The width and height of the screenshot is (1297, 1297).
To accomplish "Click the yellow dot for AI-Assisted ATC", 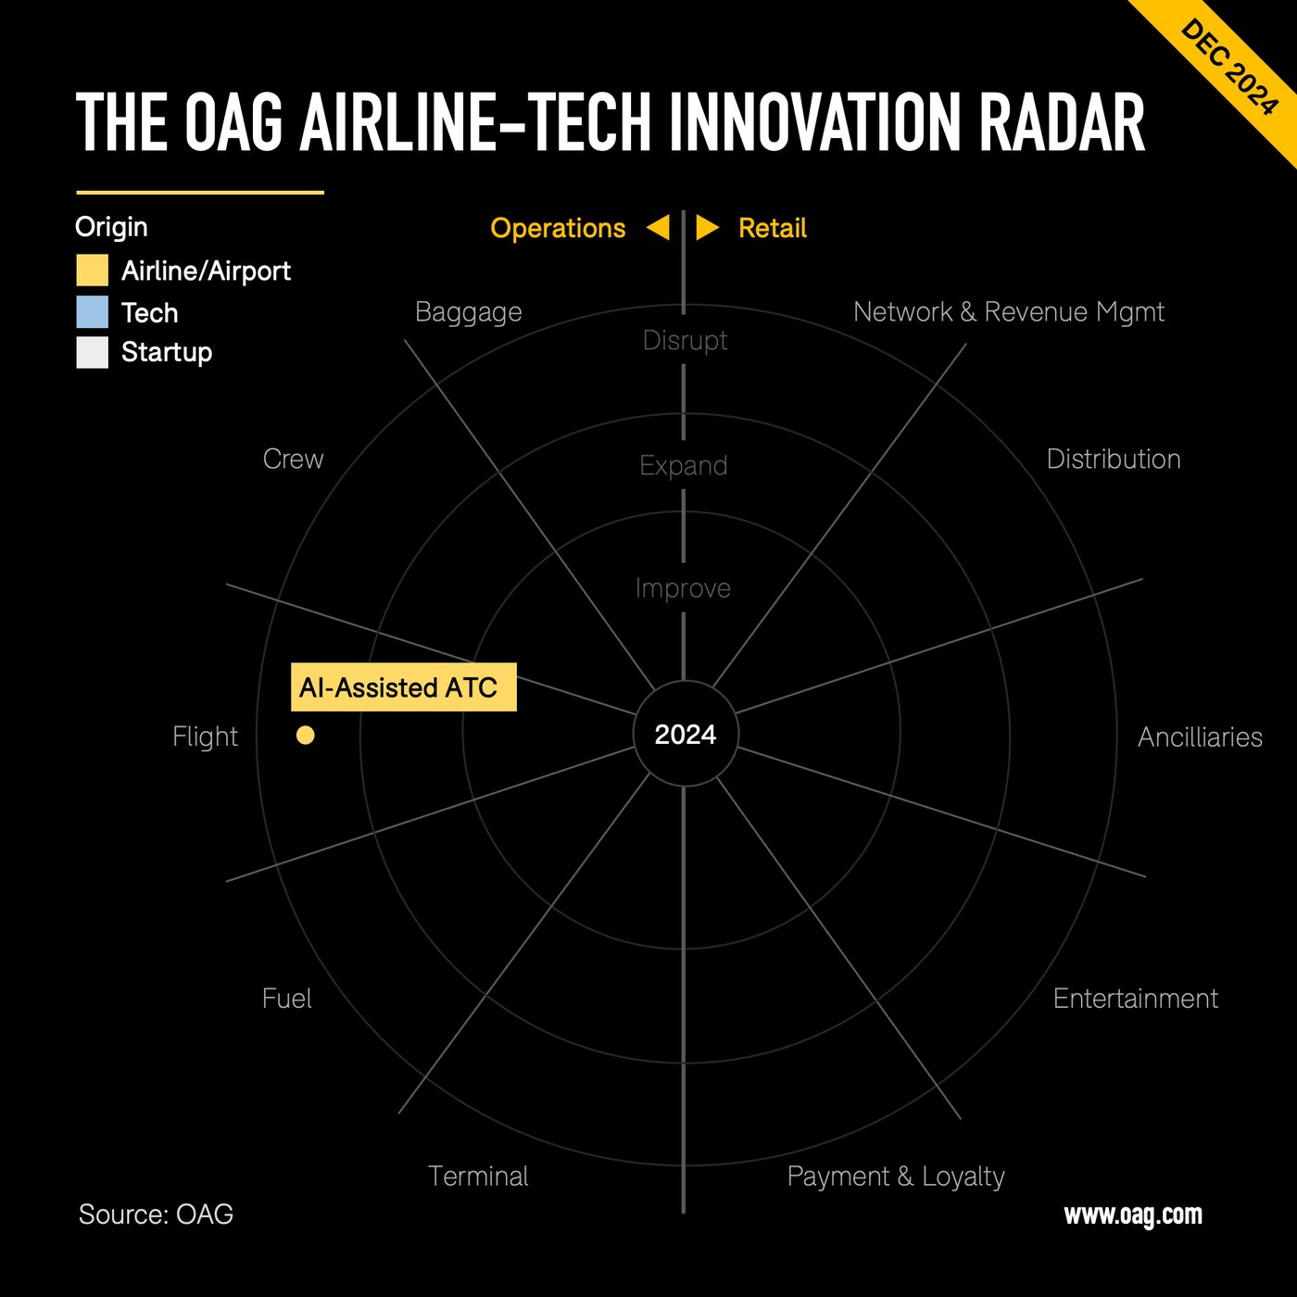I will coord(306,735).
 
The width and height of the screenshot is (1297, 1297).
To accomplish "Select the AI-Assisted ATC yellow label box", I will coord(403,687).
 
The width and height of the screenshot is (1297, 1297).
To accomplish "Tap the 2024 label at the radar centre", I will coord(686,735).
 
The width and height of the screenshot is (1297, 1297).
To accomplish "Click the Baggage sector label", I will coord(468,312).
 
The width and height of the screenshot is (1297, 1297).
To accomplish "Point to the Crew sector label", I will coord(293,459).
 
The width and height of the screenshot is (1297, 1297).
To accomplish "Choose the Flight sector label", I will coord(205,737).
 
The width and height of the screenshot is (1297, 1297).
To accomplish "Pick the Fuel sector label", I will coord(286,998).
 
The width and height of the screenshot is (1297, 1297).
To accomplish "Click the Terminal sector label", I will coord(478,1176).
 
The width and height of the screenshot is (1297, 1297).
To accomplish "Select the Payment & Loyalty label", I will coord(895,1176).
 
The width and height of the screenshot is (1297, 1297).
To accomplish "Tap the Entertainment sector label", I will coord(1135,998).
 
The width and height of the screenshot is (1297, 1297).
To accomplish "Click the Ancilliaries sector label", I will coord(1200,737).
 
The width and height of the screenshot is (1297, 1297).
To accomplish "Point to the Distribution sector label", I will coord(1113,459).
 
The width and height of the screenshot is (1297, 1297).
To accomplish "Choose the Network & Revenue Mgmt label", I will coord(1008,312).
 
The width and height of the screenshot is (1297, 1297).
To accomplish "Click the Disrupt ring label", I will coord(685,340).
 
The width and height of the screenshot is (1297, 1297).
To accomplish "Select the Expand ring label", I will coord(684,465).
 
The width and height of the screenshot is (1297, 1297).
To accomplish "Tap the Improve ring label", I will coord(683,588).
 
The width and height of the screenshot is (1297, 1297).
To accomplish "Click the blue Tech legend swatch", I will coord(93,312).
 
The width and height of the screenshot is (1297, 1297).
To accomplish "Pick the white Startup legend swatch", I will coord(93,352).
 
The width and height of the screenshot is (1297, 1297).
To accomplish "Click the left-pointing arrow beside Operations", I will coord(658,228).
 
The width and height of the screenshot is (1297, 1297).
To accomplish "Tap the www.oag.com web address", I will coord(1132,1215).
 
